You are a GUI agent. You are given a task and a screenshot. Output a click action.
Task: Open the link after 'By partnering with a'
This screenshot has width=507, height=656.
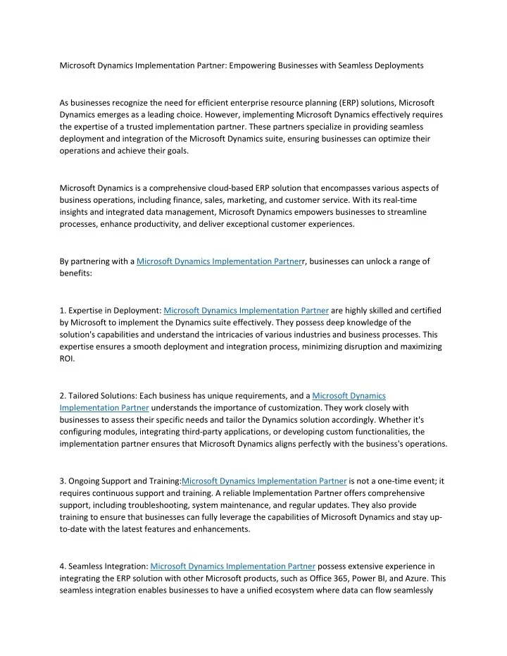[218, 261]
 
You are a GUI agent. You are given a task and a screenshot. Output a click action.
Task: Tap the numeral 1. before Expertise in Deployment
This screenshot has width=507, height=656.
[63, 309]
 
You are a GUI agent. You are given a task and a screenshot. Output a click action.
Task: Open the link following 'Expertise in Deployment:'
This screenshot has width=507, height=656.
[246, 309]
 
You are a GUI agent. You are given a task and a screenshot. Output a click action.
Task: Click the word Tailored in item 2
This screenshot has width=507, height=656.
[88, 395]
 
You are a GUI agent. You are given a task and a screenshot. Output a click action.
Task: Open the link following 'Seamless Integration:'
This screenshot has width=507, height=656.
[233, 566]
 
